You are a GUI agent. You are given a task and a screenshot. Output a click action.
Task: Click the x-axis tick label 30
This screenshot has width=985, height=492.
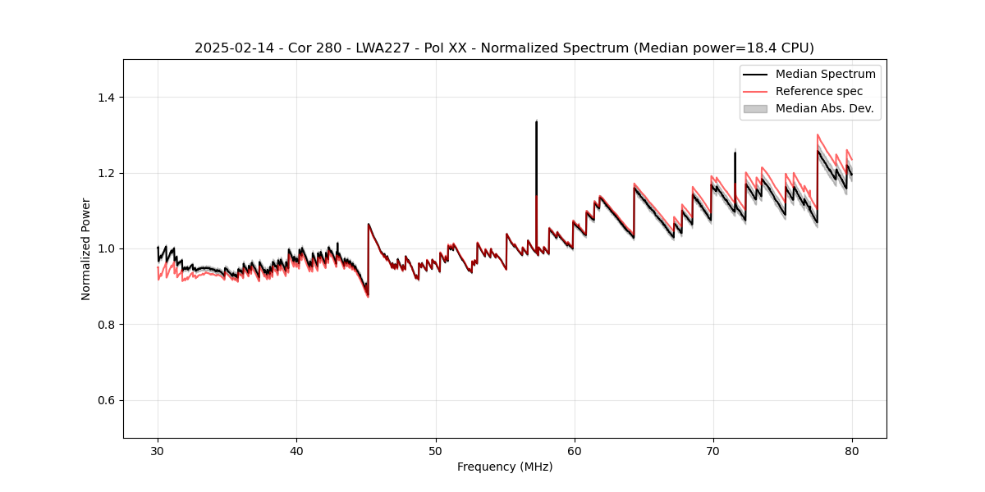pyautogui.click(x=158, y=450)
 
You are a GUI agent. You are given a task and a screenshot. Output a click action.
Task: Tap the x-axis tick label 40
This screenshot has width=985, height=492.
pyautogui.click(x=296, y=450)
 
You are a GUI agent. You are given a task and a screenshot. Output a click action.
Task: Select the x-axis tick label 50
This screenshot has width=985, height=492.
pyautogui.click(x=435, y=450)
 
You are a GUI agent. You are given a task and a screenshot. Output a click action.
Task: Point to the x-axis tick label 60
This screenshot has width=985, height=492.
pyautogui.click(x=575, y=450)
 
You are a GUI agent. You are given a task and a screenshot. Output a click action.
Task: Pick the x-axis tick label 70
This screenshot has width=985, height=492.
pyautogui.click(x=713, y=450)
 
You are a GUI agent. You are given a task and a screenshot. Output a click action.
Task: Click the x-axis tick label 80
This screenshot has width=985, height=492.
pyautogui.click(x=852, y=450)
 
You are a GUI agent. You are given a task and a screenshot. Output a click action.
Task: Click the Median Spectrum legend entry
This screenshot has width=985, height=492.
pyautogui.click(x=825, y=75)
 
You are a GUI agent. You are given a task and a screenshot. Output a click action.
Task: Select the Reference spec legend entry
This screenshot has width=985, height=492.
pyautogui.click(x=819, y=91)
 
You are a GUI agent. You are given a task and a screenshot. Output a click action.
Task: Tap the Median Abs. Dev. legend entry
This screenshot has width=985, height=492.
pyautogui.click(x=824, y=108)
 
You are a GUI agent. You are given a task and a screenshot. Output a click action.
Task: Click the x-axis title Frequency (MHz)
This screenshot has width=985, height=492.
pyautogui.click(x=505, y=467)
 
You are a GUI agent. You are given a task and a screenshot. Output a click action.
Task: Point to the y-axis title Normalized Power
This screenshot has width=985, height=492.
pyautogui.click(x=86, y=248)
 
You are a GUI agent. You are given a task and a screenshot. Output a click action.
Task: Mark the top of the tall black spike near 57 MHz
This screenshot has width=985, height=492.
pyautogui.click(x=536, y=121)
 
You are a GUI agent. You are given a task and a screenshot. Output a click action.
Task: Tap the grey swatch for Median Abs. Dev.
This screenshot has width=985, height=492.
pyautogui.click(x=755, y=108)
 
